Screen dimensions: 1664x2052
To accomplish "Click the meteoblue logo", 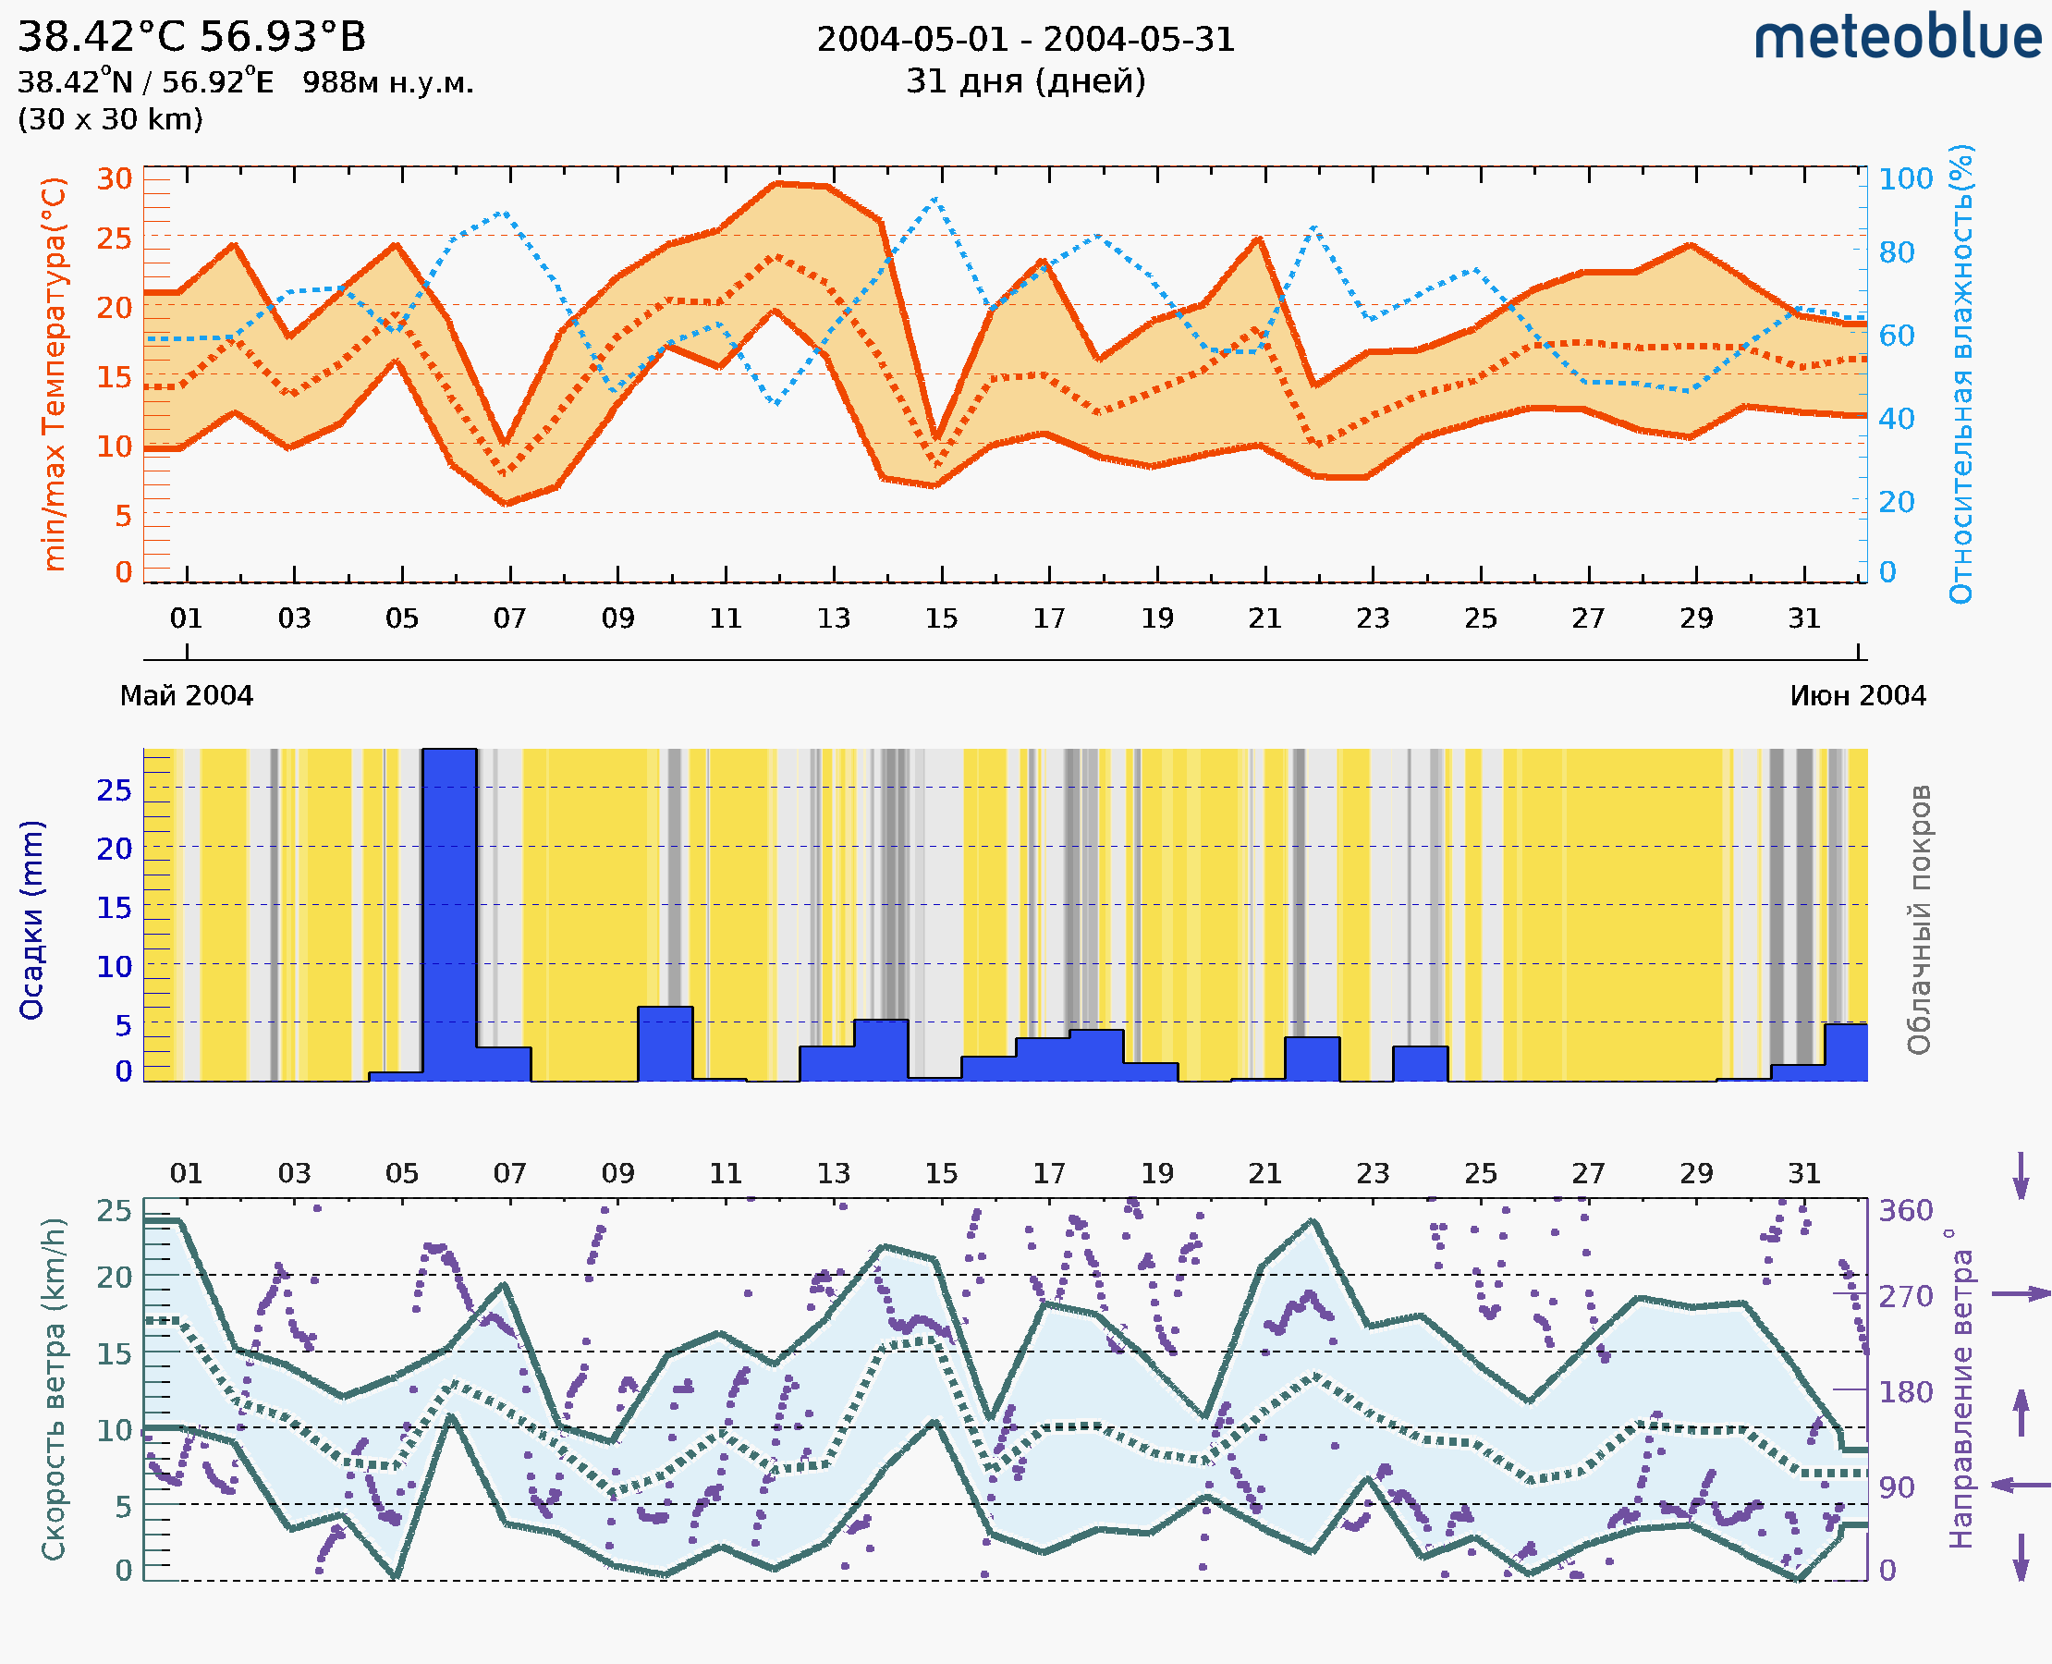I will [x=1897, y=38].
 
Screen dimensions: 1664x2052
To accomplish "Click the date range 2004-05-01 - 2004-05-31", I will [x=1025, y=40].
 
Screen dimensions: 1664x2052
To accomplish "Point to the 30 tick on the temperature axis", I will [x=114, y=178].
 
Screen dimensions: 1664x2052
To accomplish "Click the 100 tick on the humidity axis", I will [x=1905, y=178].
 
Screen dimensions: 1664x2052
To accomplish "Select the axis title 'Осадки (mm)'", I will [x=31, y=920].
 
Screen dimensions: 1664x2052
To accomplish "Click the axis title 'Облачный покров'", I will [x=1919, y=920].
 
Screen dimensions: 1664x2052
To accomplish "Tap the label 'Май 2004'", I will [x=186, y=695].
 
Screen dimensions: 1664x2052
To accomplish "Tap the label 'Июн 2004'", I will [x=1858, y=695].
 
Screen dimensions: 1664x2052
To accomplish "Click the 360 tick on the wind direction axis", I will [x=1905, y=1211].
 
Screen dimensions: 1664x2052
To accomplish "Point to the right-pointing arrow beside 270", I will [x=2021, y=1294].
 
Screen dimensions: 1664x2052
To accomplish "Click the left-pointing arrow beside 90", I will [x=2021, y=1485].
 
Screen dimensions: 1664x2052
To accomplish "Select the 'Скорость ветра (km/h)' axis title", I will [x=54, y=1389].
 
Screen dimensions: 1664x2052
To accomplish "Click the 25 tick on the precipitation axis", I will [x=114, y=789].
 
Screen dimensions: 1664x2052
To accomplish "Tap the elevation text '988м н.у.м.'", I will [x=387, y=82].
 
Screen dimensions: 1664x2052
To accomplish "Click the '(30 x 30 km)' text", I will [x=110, y=119].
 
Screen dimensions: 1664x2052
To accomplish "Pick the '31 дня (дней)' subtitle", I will [x=1025, y=80].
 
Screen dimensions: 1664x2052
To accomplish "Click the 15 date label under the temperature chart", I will [x=941, y=618].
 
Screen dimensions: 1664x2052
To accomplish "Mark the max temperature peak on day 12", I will [x=777, y=183].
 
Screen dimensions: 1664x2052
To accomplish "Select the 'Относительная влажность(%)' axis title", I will [x=1960, y=373].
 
